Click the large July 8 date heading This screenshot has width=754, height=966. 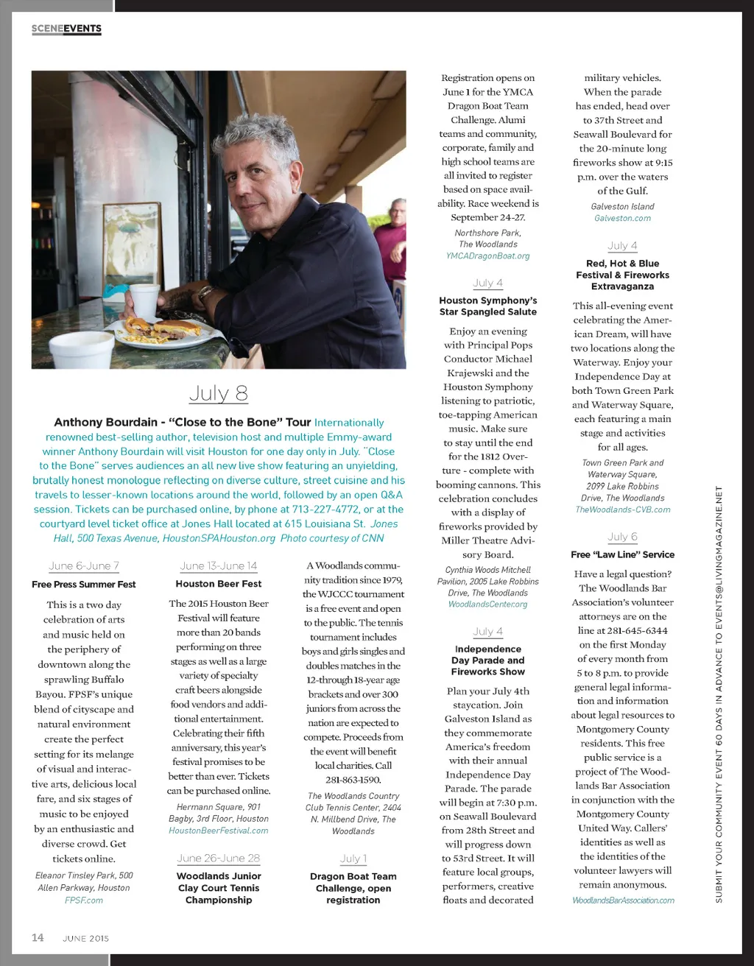point(218,393)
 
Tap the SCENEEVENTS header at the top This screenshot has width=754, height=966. point(66,29)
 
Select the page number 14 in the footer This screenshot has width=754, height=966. point(38,937)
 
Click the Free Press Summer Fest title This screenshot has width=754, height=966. point(84,584)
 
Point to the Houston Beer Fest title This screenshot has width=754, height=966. point(219,583)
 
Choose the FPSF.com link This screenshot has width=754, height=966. point(84,900)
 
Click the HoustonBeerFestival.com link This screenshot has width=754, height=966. point(219,831)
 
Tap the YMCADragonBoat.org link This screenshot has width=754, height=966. point(487,256)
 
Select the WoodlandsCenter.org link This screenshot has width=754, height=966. point(487,604)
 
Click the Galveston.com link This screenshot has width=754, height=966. point(622,219)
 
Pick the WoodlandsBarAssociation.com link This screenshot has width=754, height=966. point(623,900)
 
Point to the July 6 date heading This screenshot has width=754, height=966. point(622,537)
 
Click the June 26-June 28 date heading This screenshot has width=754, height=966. point(219,859)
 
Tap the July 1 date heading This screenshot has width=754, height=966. point(353,859)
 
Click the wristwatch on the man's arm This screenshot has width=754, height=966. point(204,295)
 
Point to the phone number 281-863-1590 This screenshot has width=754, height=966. point(353,780)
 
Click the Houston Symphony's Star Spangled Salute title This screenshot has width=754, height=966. point(487,306)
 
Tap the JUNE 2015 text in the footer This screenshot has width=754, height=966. point(85,939)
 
